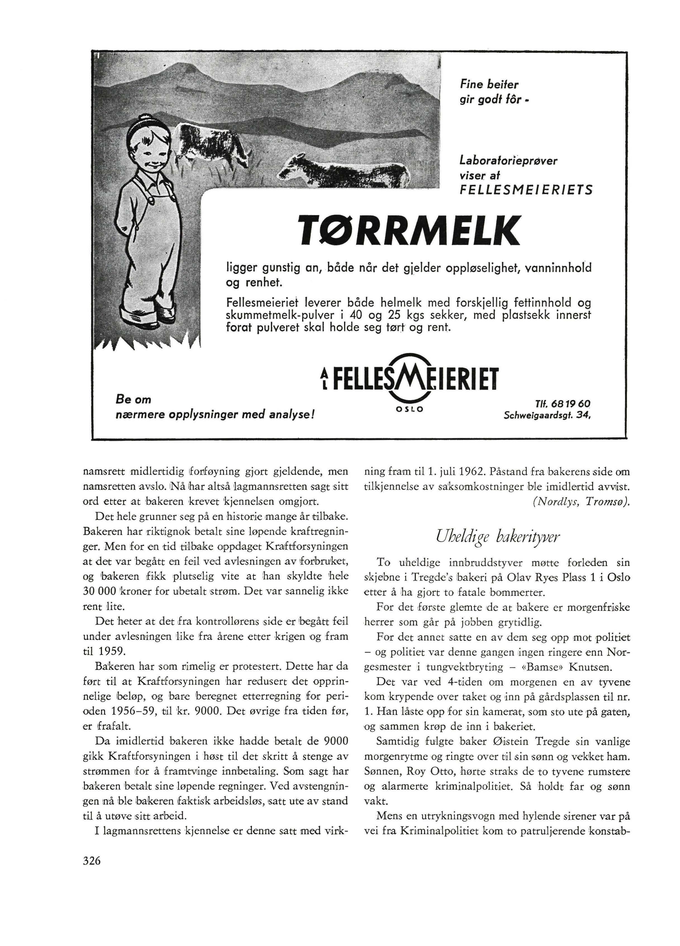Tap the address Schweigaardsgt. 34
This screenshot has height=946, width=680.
click(547, 415)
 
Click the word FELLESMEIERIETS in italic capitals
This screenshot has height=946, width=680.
click(526, 190)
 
